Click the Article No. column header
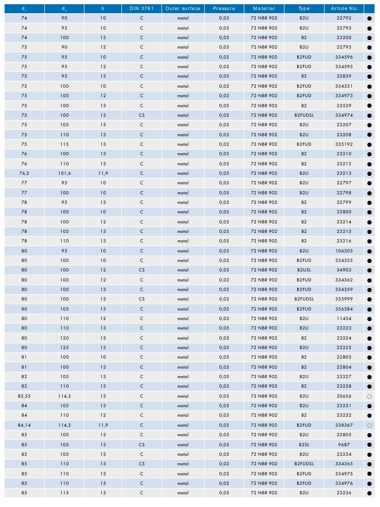click(344, 9)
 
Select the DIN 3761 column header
click(141, 9)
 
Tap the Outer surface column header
click(183, 9)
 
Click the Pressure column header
click(224, 9)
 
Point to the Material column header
click(264, 9)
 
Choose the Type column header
click(304, 9)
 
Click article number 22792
click(344, 18)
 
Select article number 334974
click(344, 115)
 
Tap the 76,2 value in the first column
click(24, 173)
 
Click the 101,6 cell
click(64, 173)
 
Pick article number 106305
click(344, 251)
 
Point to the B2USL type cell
click(304, 270)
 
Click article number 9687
click(344, 444)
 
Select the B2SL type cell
click(304, 444)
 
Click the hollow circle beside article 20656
click(369, 396)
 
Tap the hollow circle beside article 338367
click(369, 425)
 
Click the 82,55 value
click(24, 396)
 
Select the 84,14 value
click(24, 425)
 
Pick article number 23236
click(344, 493)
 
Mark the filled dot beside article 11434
click(369, 318)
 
